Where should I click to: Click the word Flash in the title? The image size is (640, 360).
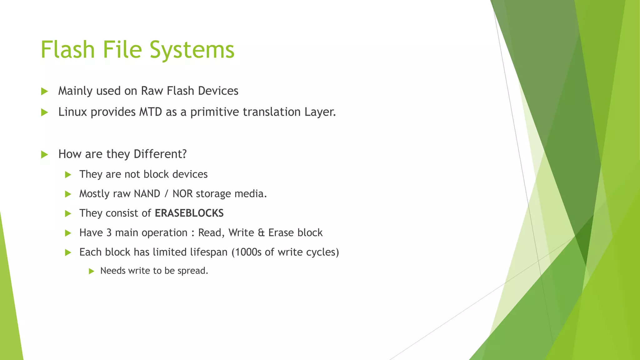click(67, 50)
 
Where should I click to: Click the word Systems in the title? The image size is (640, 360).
click(192, 50)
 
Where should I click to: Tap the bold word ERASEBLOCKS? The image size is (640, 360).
click(189, 213)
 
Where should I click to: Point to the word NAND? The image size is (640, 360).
click(147, 194)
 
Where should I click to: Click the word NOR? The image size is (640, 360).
click(182, 194)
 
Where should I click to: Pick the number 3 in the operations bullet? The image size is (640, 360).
click(109, 233)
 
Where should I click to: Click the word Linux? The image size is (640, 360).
click(72, 112)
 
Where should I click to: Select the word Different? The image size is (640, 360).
click(160, 154)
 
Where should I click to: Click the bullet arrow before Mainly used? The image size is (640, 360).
click(44, 91)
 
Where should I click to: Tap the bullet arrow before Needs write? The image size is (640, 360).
click(91, 271)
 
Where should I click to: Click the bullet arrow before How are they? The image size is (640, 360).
click(44, 154)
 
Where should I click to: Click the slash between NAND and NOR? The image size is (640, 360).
click(166, 194)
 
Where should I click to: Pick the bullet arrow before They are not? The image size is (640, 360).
click(68, 174)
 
